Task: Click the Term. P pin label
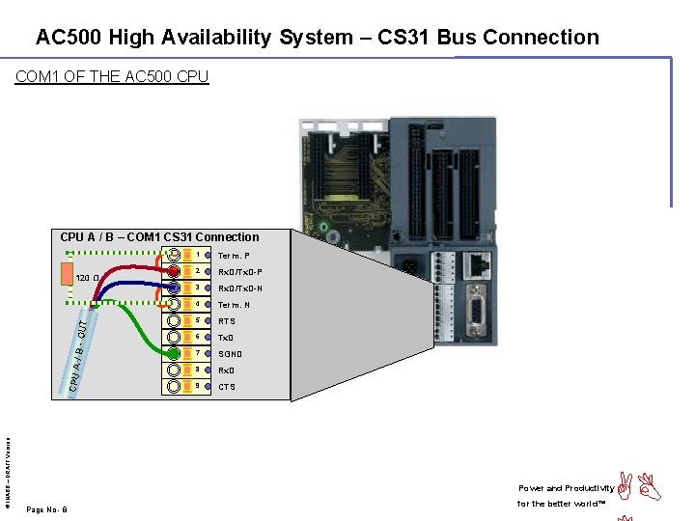coord(234,256)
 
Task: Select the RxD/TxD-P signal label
coord(240,272)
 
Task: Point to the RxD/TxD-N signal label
coord(240,288)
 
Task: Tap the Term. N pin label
coord(234,305)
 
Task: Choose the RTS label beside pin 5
coord(226,321)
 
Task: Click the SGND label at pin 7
coord(230,354)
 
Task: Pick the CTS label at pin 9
coord(226,387)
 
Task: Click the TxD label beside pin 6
coord(226,338)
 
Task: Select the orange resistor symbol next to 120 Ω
coord(67,274)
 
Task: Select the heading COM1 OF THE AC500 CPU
coord(112,76)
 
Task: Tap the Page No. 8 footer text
coord(46,509)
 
